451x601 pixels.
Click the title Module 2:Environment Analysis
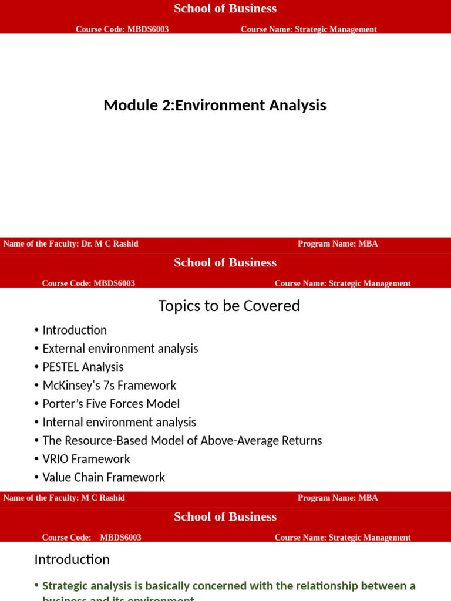pyautogui.click(x=214, y=106)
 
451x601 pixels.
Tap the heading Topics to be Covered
pyautogui.click(x=229, y=306)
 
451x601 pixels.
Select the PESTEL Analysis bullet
pyautogui.click(x=83, y=367)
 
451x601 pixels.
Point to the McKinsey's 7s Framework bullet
pyautogui.click(x=109, y=386)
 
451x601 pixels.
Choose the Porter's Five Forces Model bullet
pyautogui.click(x=111, y=404)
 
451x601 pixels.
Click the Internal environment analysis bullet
pyautogui.click(x=119, y=422)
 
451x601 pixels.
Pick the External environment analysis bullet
pyautogui.click(x=120, y=349)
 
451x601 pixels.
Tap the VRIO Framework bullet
pyautogui.click(x=86, y=459)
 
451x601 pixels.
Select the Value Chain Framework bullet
pyautogui.click(x=104, y=477)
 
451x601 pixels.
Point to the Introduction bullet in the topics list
pyautogui.click(x=75, y=330)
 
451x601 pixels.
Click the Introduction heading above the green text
pyautogui.click(x=72, y=559)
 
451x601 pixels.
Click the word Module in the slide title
pyautogui.click(x=124, y=106)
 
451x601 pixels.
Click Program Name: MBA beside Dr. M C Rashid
pyautogui.click(x=338, y=244)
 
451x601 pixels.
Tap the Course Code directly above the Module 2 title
pyautogui.click(x=122, y=29)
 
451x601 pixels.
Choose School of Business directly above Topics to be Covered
pyautogui.click(x=225, y=263)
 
